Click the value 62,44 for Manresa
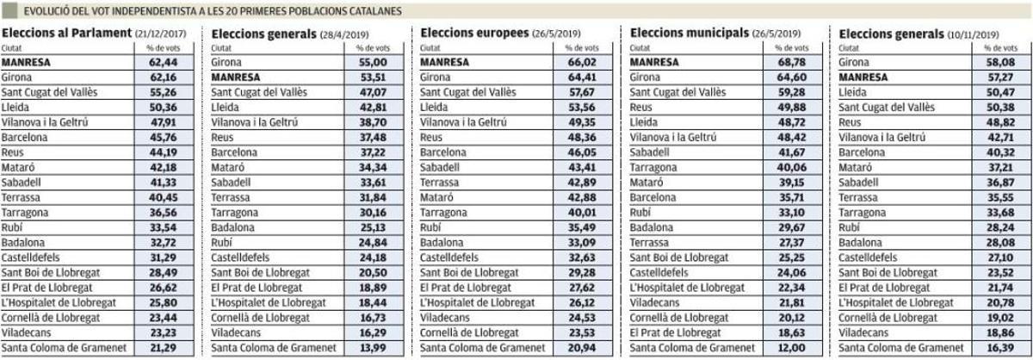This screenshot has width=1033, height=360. pyautogui.click(x=163, y=62)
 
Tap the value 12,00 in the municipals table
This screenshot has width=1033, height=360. pyautogui.click(x=789, y=348)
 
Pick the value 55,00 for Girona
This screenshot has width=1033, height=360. pyautogui.click(x=372, y=62)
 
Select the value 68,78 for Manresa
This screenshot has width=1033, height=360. pyautogui.click(x=789, y=62)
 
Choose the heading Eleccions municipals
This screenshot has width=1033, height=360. pyautogui.click(x=686, y=33)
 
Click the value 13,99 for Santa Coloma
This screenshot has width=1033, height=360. pyautogui.click(x=372, y=348)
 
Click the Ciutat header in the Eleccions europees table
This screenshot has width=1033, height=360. pyautogui.click(x=430, y=48)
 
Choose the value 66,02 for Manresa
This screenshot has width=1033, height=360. pyautogui.click(x=581, y=62)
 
